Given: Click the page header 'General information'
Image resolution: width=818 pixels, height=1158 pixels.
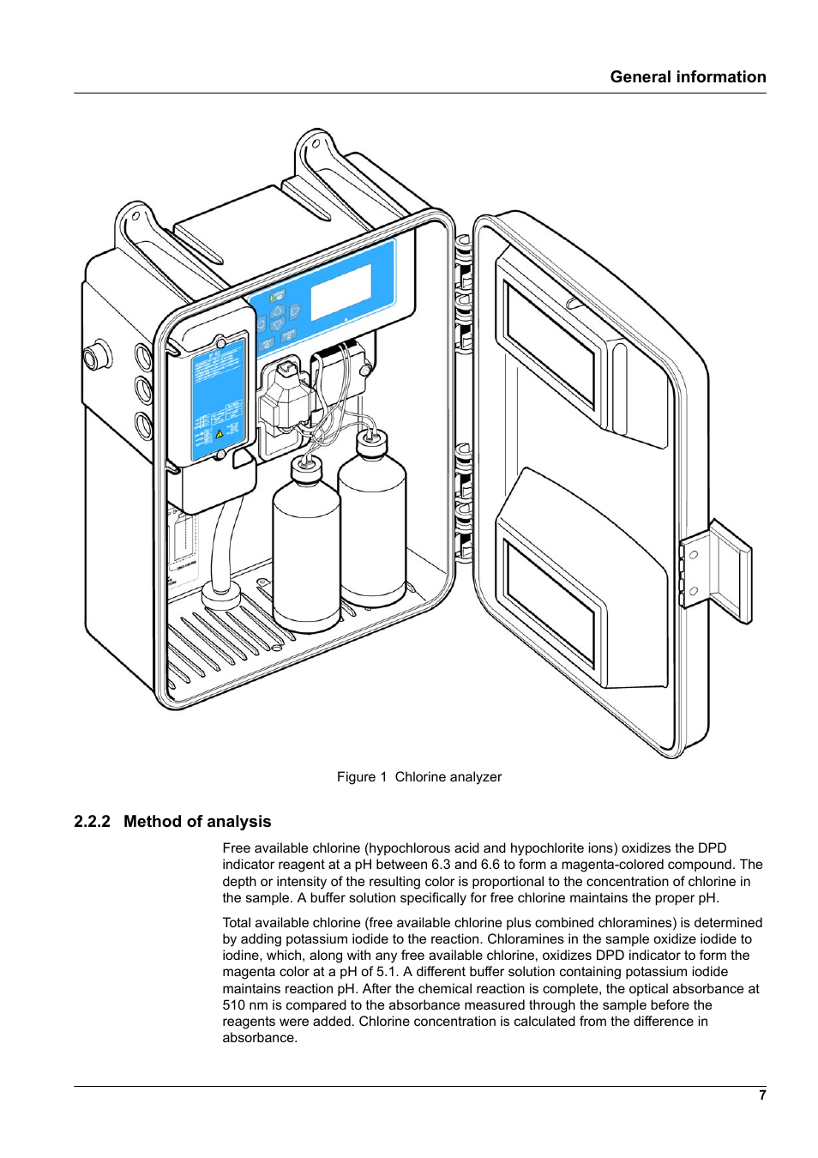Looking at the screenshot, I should pos(688,77).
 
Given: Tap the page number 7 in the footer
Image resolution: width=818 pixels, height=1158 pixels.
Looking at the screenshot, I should pos(761,1095).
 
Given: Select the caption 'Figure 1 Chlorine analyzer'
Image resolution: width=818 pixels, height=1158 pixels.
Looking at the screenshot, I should pos(418,776).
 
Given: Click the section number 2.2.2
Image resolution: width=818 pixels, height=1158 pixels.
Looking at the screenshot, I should pos(92,821).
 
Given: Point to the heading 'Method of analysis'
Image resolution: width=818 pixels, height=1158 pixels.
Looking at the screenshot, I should pos(197,821).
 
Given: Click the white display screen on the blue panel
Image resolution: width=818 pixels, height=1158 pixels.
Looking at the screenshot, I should pos(340,292).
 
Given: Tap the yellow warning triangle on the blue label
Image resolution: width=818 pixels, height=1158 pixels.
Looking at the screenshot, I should pos(220,434).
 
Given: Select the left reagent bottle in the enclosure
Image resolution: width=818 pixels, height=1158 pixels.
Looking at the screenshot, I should pos(305,549).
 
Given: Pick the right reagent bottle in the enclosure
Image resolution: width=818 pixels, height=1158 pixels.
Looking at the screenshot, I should pos(372,523).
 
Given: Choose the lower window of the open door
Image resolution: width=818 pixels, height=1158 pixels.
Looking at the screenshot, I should pos(550,601).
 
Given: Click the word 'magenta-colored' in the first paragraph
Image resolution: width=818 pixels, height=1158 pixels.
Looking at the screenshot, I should pos(617,865).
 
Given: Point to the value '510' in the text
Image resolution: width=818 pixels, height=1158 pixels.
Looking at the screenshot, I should pos(234,1004).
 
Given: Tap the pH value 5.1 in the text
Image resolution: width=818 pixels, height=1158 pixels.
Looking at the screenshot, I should pos(385,972).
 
